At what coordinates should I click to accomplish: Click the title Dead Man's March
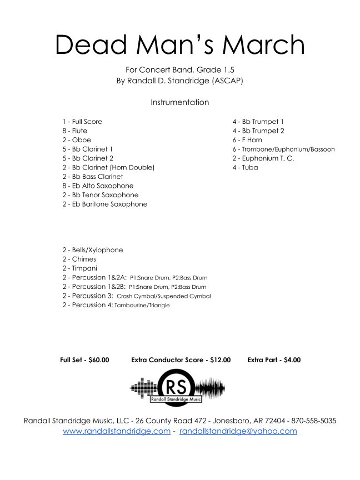180,44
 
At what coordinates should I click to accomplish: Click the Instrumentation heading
180,102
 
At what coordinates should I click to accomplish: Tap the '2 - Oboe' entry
77,140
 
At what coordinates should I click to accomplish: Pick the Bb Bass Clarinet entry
93,177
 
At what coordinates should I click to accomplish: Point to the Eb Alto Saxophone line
98,186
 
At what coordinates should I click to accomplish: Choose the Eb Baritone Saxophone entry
105,204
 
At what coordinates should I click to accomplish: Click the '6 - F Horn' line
247,140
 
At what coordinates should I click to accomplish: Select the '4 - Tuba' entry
245,167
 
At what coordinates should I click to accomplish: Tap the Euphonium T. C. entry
263,158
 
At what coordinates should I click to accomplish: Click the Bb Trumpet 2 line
258,131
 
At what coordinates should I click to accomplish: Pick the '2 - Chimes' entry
79,259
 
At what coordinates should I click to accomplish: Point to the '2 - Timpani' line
80,268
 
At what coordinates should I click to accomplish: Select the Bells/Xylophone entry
93,250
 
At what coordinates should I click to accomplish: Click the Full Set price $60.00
99,360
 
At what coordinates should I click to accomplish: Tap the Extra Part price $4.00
292,360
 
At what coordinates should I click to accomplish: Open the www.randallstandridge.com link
117,431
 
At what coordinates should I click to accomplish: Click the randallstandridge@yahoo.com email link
238,431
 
